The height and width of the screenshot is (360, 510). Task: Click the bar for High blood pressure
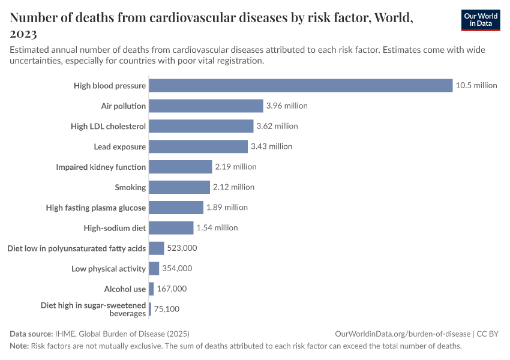(x=300, y=85)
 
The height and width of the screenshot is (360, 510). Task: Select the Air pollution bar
(x=206, y=106)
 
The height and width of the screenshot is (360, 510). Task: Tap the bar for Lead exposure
(x=198, y=146)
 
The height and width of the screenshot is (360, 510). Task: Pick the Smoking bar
(x=179, y=187)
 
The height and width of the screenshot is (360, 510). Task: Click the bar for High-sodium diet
(x=171, y=227)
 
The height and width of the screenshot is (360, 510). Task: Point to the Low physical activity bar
(x=154, y=268)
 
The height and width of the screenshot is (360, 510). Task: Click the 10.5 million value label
(x=476, y=85)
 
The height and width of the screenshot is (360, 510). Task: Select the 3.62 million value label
(x=277, y=126)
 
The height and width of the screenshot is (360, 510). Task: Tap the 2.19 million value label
(x=235, y=167)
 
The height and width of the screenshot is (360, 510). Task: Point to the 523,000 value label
(x=182, y=248)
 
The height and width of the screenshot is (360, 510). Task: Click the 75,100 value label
(x=166, y=309)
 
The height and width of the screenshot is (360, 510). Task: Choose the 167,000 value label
(x=172, y=289)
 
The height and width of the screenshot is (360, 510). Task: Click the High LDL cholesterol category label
(x=108, y=126)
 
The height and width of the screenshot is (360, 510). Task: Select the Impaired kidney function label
(x=101, y=167)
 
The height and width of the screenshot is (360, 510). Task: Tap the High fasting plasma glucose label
(x=96, y=208)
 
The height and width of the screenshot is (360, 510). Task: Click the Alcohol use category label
(x=125, y=289)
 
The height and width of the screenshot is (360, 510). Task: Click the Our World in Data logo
(x=480, y=20)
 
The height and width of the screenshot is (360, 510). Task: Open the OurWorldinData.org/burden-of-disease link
(x=403, y=334)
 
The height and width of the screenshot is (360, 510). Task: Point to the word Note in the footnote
(x=19, y=346)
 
